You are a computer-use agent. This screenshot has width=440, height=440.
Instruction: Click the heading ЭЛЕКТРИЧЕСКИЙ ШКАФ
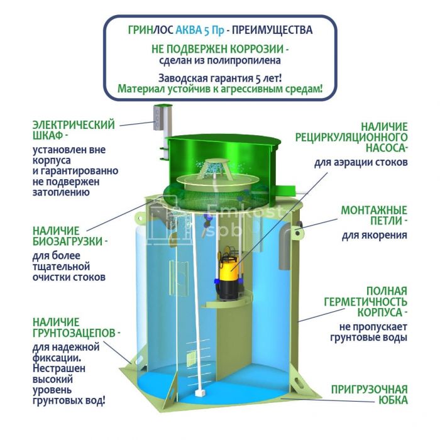[74, 130]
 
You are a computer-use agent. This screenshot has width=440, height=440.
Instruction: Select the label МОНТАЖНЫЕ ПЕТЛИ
[374, 216]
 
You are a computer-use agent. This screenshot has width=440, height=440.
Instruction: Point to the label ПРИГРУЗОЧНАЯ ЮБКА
[370, 395]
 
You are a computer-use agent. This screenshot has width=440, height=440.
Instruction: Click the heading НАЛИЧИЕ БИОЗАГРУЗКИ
[70, 236]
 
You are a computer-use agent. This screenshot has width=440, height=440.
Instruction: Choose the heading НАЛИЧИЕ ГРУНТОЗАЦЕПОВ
[76, 327]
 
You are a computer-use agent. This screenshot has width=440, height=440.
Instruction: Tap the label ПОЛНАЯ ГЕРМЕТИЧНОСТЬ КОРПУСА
[366, 302]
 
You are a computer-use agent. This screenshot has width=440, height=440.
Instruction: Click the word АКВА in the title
[189, 30]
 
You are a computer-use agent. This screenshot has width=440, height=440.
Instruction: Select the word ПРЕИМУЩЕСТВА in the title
[272, 30]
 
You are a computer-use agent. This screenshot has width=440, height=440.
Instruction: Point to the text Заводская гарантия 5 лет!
[220, 79]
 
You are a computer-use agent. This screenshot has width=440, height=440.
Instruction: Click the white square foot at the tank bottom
[200, 392]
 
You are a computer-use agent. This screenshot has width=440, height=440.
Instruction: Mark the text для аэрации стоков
[361, 162]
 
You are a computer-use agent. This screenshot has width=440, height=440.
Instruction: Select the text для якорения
[375, 235]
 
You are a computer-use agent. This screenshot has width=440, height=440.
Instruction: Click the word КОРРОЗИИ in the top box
[256, 49]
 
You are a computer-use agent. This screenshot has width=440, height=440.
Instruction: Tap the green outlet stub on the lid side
[285, 190]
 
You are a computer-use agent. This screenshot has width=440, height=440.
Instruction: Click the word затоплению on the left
[61, 192]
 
